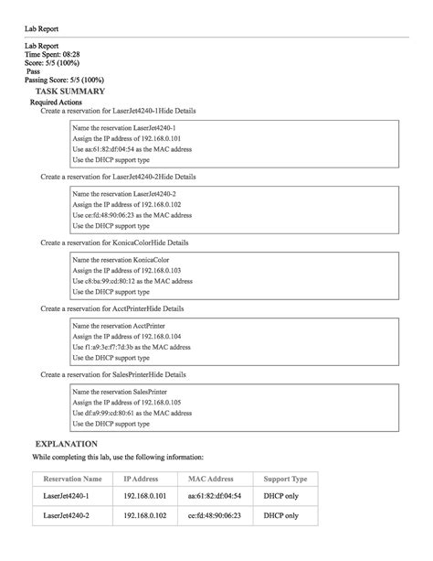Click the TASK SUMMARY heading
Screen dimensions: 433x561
pos(69,92)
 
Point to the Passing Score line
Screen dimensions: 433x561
pos(64,81)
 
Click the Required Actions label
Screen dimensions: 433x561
pos(58,102)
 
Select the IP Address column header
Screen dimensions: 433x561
pos(141,479)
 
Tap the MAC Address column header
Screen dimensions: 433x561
pos(211,479)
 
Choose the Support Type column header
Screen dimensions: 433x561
pos(285,479)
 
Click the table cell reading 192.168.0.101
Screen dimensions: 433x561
pos(145,496)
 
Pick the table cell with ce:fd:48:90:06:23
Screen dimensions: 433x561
pos(214,515)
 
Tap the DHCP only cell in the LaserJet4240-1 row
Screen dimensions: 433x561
pos(280,496)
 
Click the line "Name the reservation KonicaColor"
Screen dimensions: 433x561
pos(121,260)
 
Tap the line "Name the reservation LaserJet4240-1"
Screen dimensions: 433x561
pos(123,127)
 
